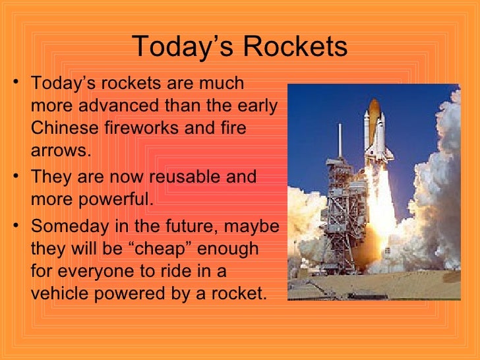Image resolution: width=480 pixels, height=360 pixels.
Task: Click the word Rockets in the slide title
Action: (x=295, y=47)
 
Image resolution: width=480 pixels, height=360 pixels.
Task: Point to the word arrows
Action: (x=58, y=150)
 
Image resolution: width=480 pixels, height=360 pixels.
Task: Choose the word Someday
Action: (x=68, y=226)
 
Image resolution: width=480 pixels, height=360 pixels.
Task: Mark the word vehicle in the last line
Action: (x=57, y=293)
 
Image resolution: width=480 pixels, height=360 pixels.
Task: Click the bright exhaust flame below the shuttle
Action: (x=380, y=218)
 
